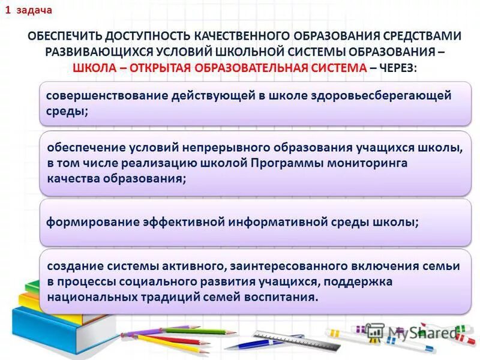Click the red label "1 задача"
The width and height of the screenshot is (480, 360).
click(29, 11)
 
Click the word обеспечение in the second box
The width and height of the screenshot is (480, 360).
click(85, 148)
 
